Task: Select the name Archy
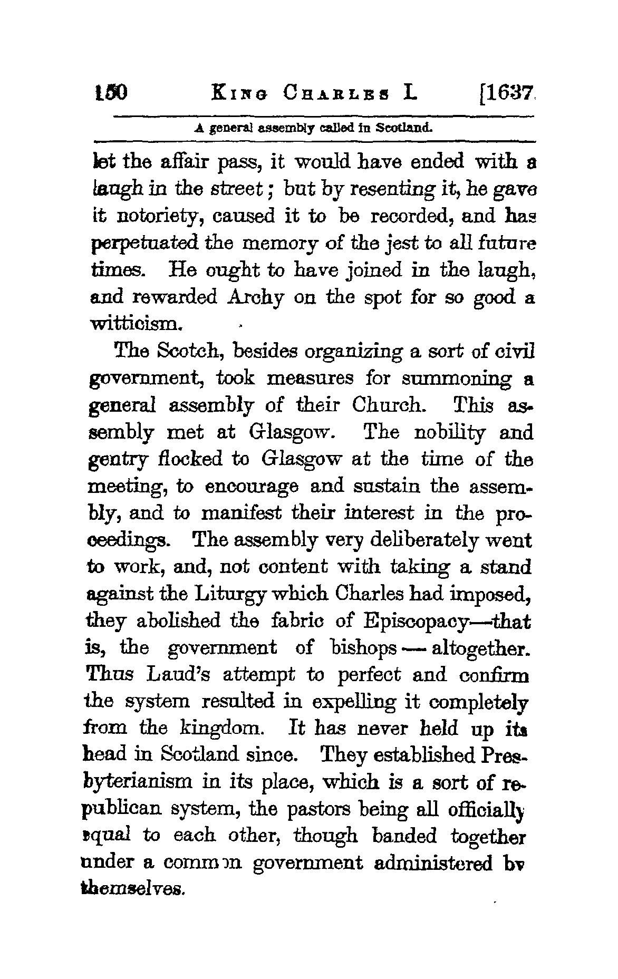(x=255, y=298)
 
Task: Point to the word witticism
(x=137, y=325)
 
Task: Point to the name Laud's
(x=179, y=675)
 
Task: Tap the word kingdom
(x=220, y=729)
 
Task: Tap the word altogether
(x=480, y=648)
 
